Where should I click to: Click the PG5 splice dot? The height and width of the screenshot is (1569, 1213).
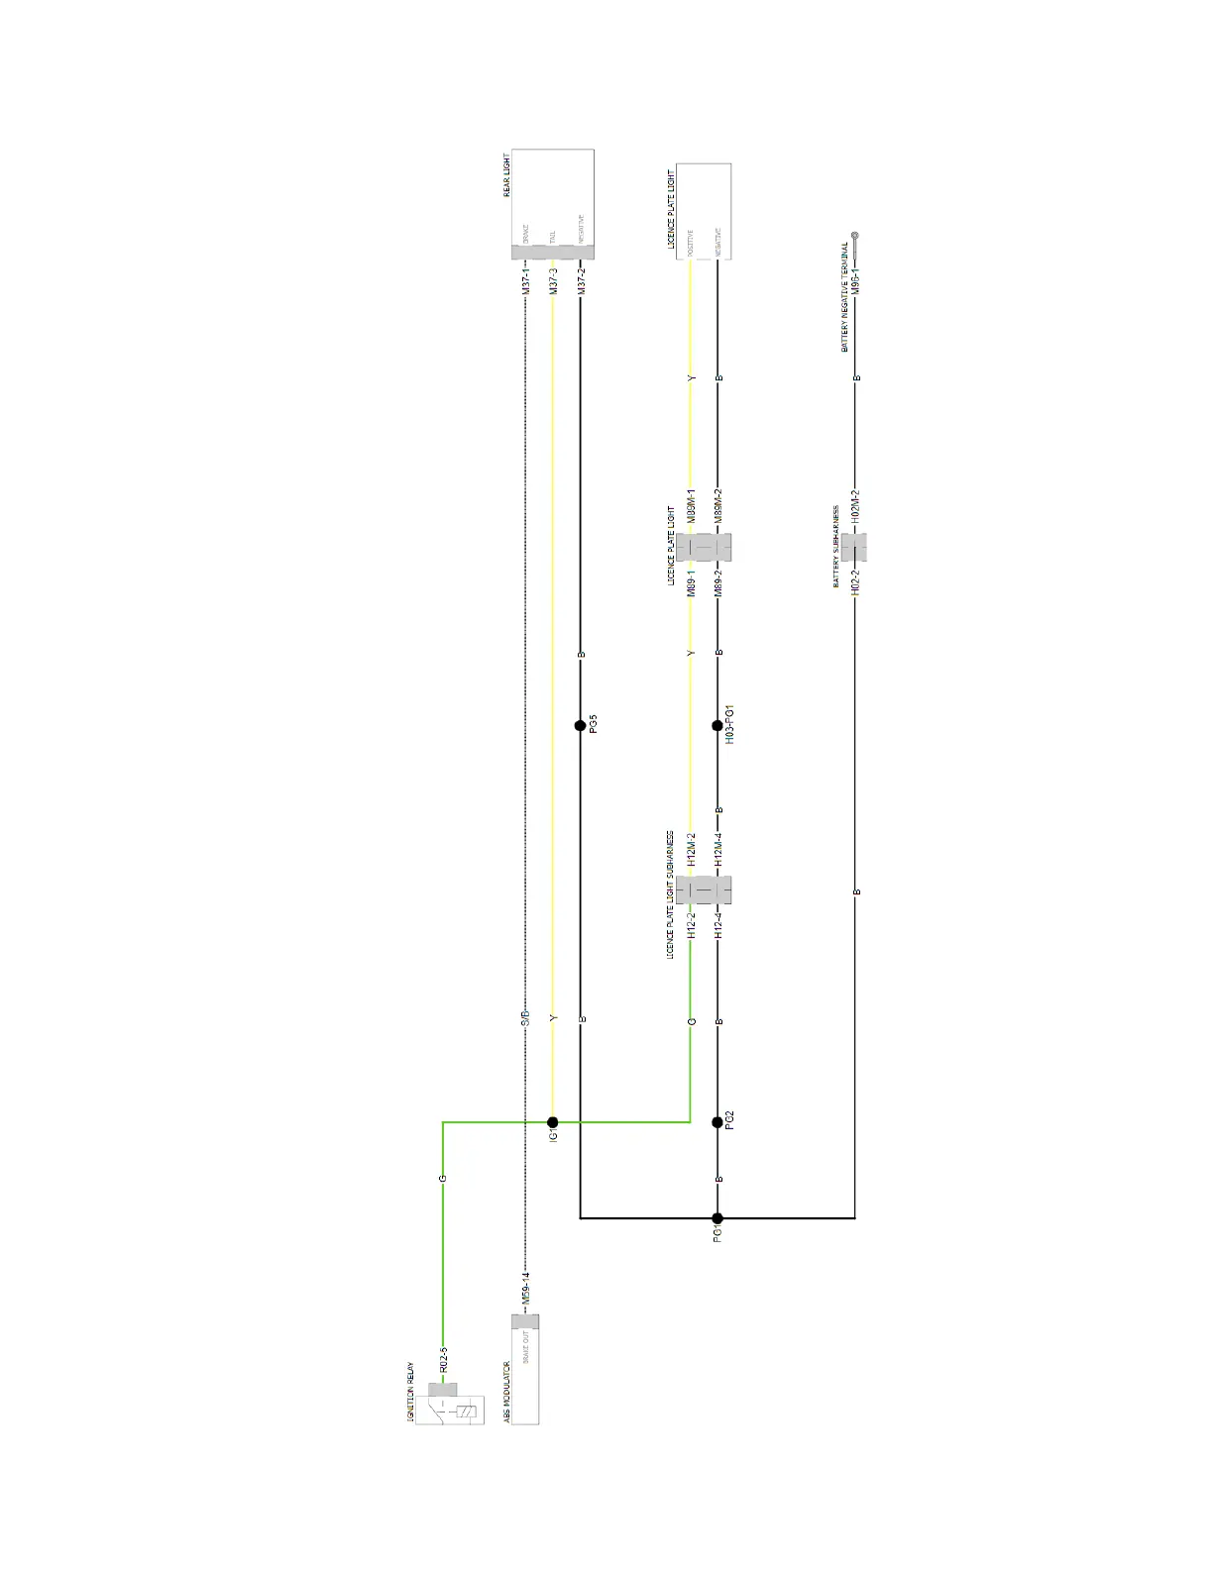tap(581, 726)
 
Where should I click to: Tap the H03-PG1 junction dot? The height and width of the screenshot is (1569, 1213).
tap(717, 726)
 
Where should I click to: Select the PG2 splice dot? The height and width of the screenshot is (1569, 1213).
tap(717, 1122)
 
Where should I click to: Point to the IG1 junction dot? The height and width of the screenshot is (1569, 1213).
tap(553, 1122)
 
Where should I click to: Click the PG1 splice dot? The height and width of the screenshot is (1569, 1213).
tap(717, 1218)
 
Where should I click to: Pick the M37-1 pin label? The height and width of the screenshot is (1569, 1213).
tap(526, 280)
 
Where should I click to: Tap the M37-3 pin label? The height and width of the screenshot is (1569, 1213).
tap(553, 280)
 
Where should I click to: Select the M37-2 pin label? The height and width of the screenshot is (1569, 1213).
tap(581, 280)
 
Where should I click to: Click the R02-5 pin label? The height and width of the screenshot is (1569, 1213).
tap(443, 1359)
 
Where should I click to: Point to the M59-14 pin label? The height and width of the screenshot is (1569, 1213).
tap(526, 1288)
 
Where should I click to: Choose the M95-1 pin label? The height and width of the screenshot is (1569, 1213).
tap(855, 279)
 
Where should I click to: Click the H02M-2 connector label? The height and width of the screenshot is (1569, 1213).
tap(855, 506)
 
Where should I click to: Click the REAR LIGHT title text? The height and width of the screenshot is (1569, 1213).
tap(507, 175)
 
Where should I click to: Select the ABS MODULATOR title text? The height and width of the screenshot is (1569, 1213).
tap(506, 1394)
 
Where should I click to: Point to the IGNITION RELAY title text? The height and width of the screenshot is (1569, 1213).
tap(410, 1393)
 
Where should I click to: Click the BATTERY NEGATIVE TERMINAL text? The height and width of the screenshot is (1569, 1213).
tap(844, 297)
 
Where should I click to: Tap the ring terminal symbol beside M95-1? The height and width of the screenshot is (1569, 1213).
tap(855, 238)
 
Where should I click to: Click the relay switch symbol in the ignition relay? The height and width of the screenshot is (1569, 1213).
tap(436, 1404)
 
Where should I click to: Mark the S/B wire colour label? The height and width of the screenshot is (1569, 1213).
tap(526, 1017)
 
